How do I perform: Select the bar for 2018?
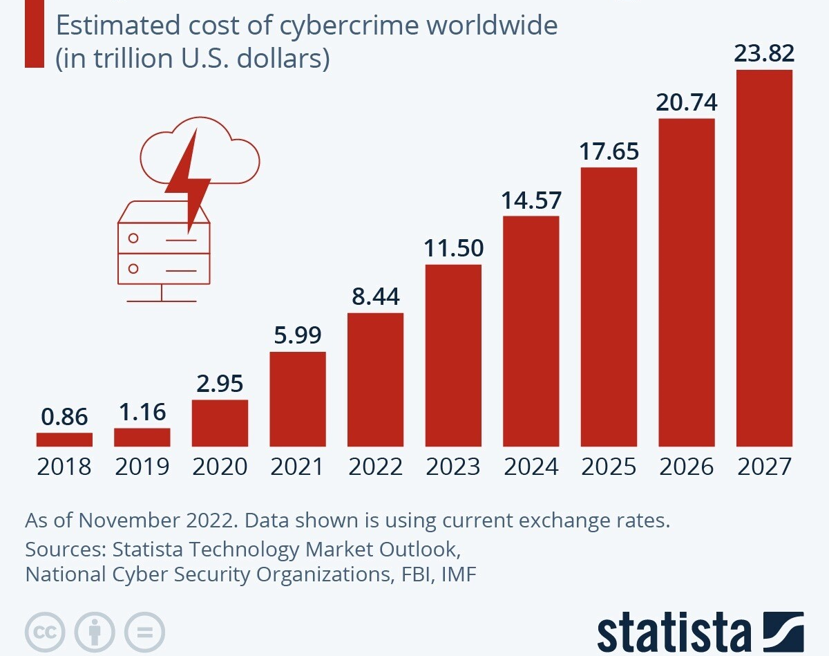64,440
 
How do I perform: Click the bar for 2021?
298,399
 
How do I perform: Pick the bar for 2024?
531,331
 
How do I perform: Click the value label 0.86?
64,418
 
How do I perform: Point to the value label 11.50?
453,248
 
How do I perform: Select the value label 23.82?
764,54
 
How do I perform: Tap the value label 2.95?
220,384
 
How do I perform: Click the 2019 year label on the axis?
142,467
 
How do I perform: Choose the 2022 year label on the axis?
375,467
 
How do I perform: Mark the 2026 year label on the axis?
687,467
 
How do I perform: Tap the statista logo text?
674,631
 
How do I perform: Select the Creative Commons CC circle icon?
45,631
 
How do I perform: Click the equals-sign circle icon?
145,631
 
